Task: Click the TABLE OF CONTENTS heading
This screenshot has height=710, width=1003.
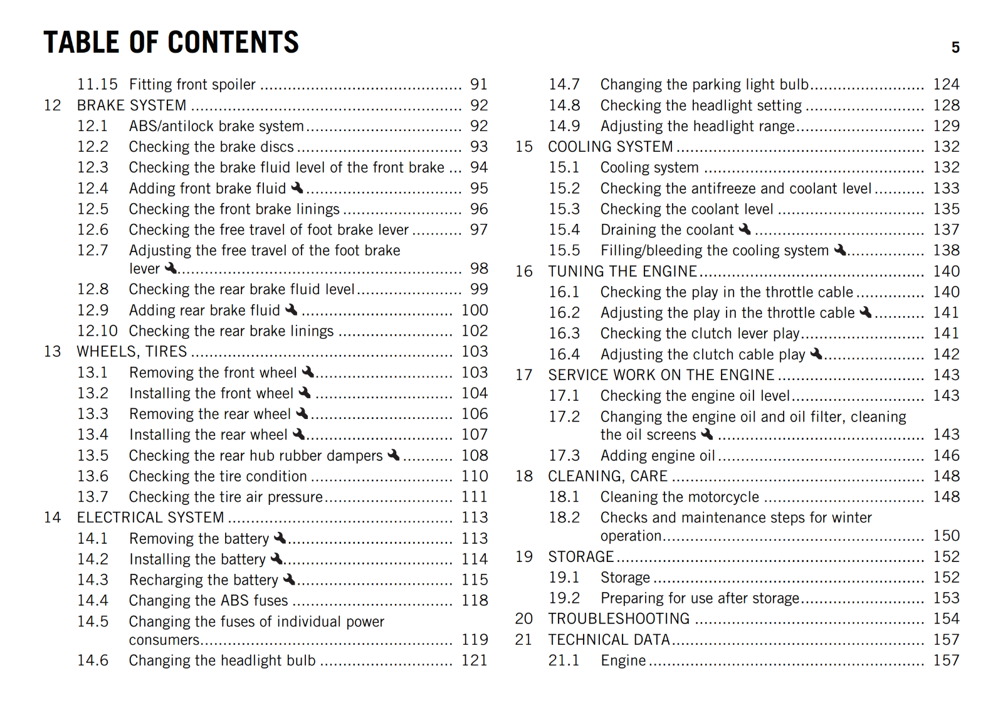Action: coord(171,43)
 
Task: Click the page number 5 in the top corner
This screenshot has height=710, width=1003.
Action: coord(955,48)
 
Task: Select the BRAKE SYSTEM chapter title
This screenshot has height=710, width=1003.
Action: coord(132,105)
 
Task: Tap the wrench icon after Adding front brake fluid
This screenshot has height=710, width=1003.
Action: coord(297,188)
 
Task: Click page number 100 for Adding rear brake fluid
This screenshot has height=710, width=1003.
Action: coord(475,310)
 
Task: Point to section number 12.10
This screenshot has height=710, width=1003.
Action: coord(97,331)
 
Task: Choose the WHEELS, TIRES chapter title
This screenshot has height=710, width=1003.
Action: coord(132,351)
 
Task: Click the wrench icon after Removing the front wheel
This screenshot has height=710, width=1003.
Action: coord(308,372)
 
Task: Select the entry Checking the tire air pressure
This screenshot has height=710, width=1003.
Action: coord(226,497)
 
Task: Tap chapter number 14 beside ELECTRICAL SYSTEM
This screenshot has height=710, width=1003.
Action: coord(53,517)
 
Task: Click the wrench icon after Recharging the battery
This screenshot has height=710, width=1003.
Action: coord(289,579)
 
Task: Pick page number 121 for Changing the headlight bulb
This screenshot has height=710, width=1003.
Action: coord(475,660)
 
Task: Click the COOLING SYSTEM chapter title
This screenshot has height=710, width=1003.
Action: coord(610,147)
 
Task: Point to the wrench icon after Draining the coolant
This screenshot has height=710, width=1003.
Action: coord(745,229)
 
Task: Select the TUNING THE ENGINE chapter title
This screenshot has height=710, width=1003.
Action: coord(622,271)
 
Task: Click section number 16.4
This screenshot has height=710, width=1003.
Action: coord(564,354)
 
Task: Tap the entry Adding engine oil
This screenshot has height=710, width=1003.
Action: coord(658,455)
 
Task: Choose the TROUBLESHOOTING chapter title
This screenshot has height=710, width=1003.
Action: coord(619,618)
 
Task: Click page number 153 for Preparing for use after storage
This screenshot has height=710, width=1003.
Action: coord(946,598)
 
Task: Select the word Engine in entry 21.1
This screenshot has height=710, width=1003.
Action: coord(623,660)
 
